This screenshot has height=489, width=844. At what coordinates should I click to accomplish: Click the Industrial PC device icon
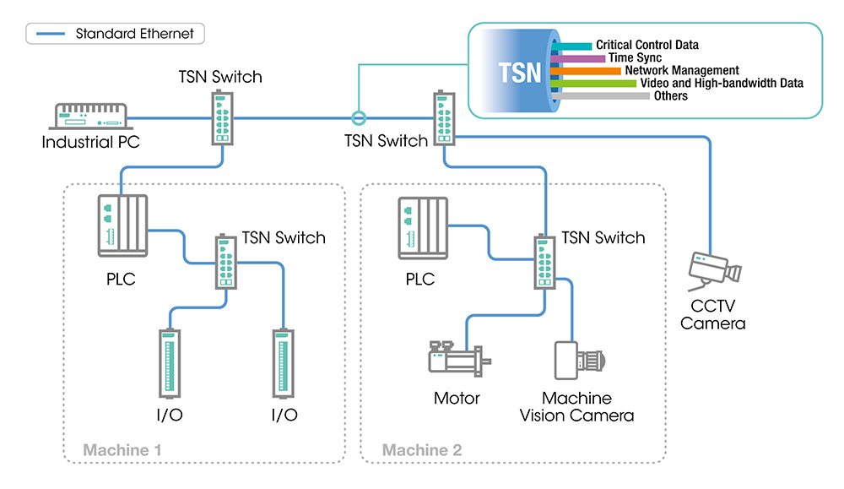pyautogui.click(x=90, y=117)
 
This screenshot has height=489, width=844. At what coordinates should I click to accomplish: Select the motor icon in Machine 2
pyautogui.click(x=457, y=361)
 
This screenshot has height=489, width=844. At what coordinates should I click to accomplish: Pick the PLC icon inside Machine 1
pyautogui.click(x=123, y=224)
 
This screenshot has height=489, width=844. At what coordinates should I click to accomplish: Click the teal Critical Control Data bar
pyautogui.click(x=575, y=46)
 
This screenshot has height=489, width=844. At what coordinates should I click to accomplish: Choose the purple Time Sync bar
pyautogui.click(x=579, y=58)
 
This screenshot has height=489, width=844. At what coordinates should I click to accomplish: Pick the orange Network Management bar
pyautogui.click(x=587, y=71)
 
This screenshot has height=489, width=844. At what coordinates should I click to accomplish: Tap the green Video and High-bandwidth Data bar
pyautogui.click(x=595, y=84)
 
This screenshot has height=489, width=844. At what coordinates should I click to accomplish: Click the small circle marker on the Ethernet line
pyautogui.click(x=358, y=117)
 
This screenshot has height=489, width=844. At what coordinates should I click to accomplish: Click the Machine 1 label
pyautogui.click(x=122, y=450)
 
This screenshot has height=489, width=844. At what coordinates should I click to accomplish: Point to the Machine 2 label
pyautogui.click(x=421, y=450)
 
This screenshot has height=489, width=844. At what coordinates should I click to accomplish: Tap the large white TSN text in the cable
pyautogui.click(x=520, y=72)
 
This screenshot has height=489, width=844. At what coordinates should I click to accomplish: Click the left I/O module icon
pyautogui.click(x=169, y=364)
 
